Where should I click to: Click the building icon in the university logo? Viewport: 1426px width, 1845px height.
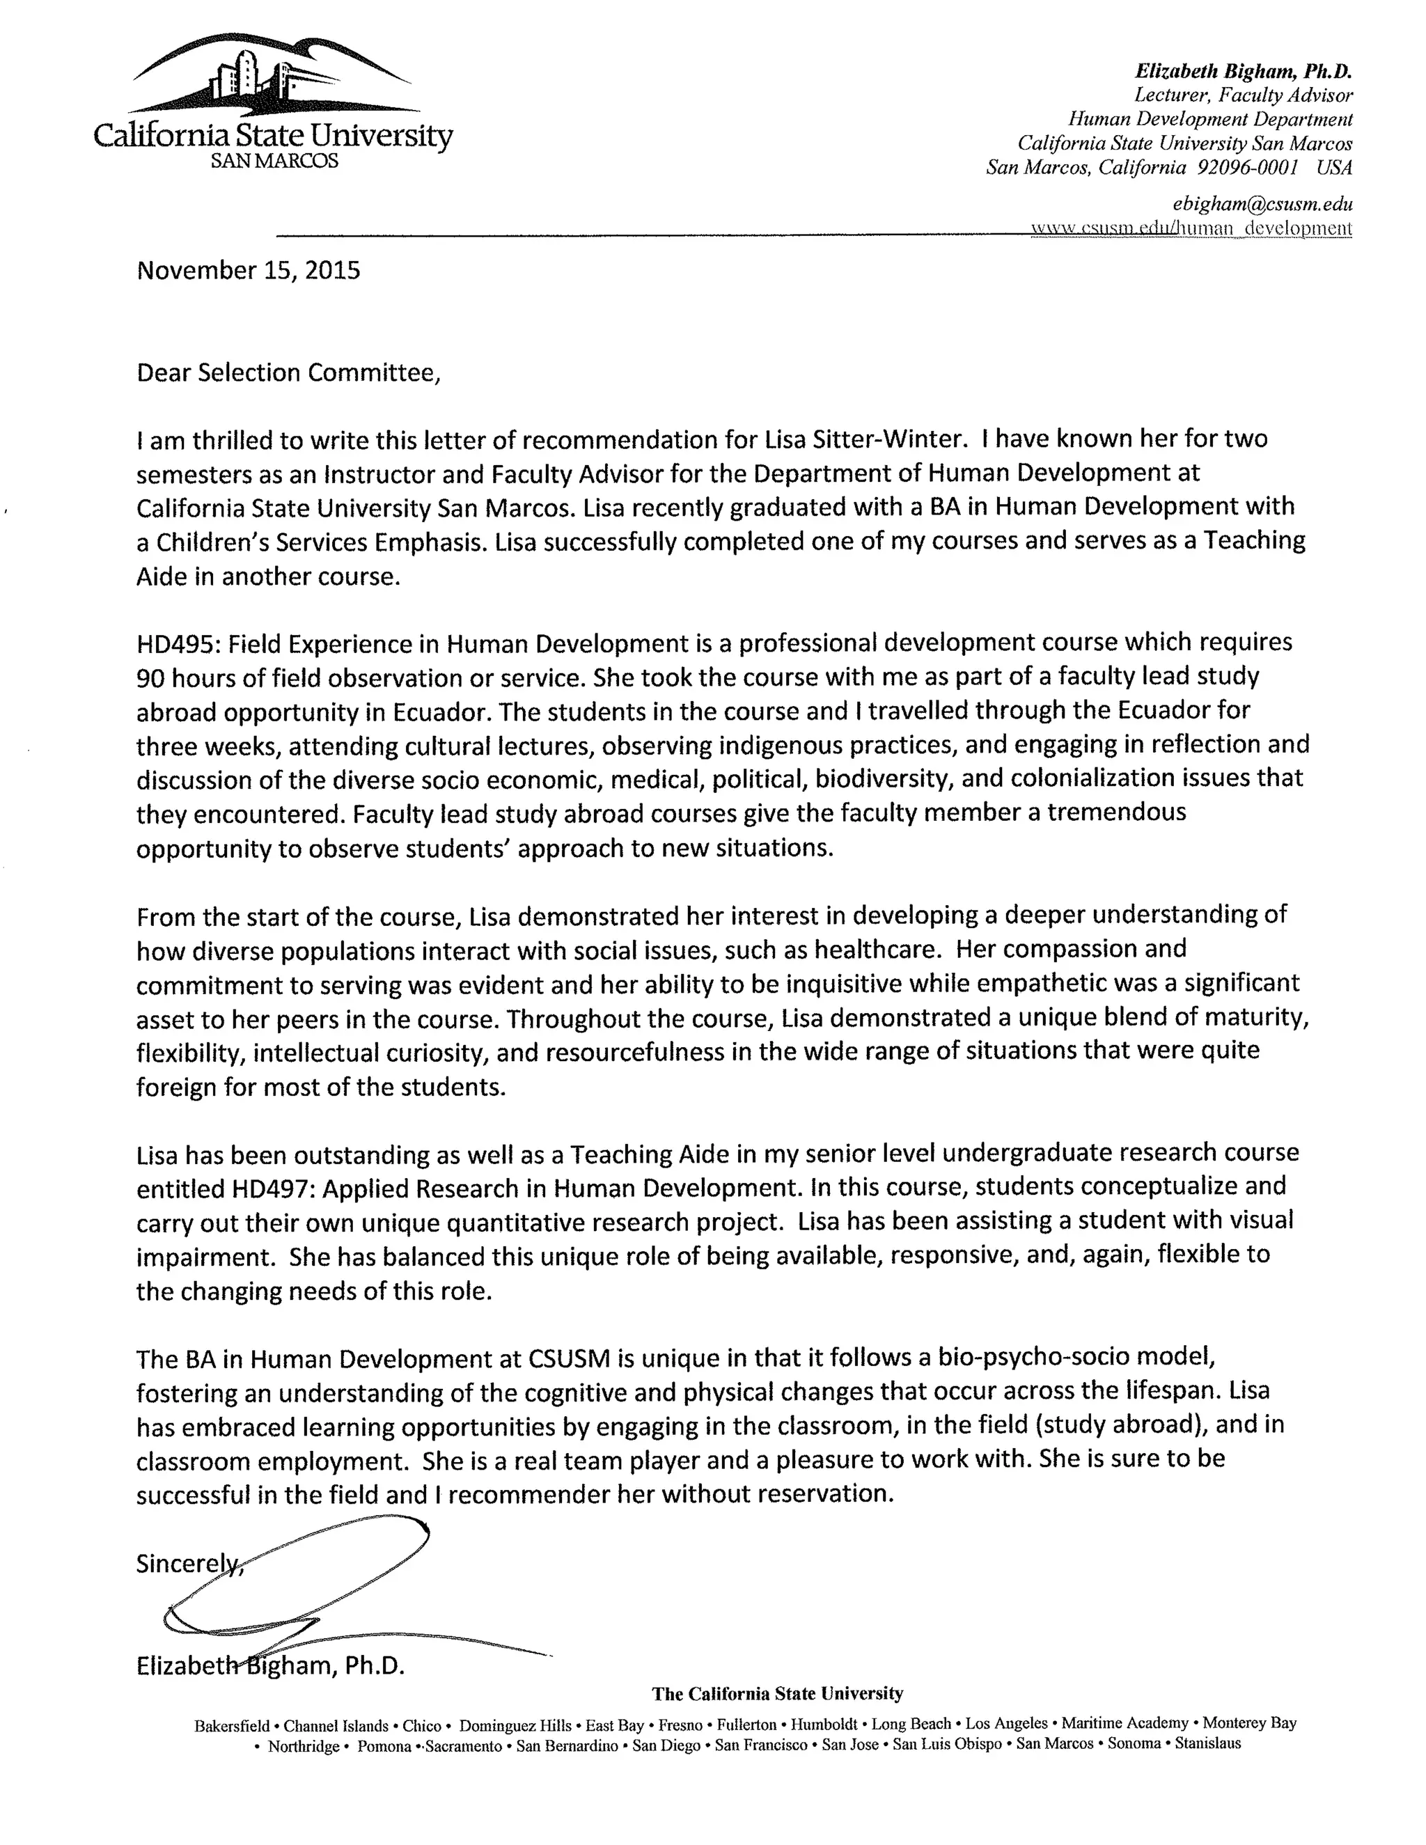click(x=253, y=76)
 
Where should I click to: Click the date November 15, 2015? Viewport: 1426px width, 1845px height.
click(x=249, y=270)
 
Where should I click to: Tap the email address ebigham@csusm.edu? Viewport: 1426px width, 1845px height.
click(x=1262, y=203)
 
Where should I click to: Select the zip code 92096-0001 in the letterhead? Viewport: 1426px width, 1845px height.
click(x=1248, y=167)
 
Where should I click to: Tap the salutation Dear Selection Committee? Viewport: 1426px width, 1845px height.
click(x=288, y=372)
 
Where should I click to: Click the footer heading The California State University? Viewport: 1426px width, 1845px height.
click(x=777, y=1693)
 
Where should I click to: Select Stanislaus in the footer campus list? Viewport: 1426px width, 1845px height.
click(x=1207, y=1743)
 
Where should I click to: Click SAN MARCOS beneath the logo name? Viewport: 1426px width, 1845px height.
click(x=274, y=161)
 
